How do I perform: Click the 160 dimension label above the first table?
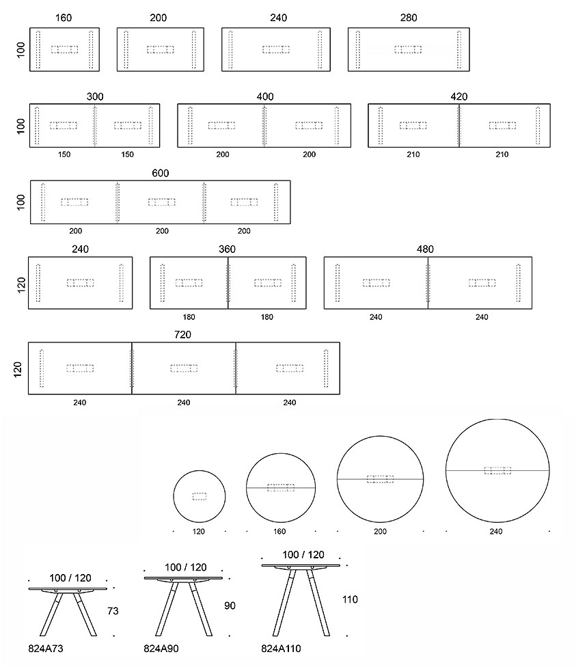64,18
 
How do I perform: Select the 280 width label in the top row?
409,18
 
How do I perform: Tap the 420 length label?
459,96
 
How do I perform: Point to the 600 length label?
161,173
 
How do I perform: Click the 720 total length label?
182,335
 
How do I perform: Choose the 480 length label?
425,249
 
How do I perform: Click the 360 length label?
227,249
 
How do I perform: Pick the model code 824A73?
46,649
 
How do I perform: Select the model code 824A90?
161,649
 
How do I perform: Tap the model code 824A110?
282,649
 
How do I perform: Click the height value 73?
113,611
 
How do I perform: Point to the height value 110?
350,599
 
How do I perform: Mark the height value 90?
230,605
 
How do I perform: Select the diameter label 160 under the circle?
279,531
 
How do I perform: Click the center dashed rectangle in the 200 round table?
380,479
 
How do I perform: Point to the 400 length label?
265,96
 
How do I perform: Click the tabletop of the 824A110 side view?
301,565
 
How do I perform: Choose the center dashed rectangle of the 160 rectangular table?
65,49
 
